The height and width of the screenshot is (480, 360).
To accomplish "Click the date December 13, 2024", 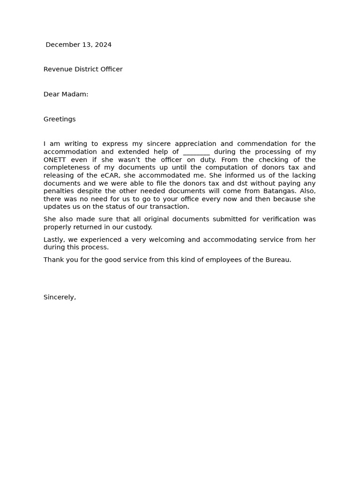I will [x=78, y=45].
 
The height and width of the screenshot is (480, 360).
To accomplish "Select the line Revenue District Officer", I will [x=83, y=69].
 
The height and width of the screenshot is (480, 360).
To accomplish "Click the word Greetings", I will [x=60, y=120].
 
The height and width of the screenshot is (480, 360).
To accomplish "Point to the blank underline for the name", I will [x=196, y=152].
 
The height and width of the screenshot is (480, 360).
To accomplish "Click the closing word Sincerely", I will [x=60, y=297].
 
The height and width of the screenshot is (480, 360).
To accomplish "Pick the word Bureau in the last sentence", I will [x=278, y=260].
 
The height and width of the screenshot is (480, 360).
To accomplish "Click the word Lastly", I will [x=54, y=240].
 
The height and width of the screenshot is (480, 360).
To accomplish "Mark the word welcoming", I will [x=182, y=240].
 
